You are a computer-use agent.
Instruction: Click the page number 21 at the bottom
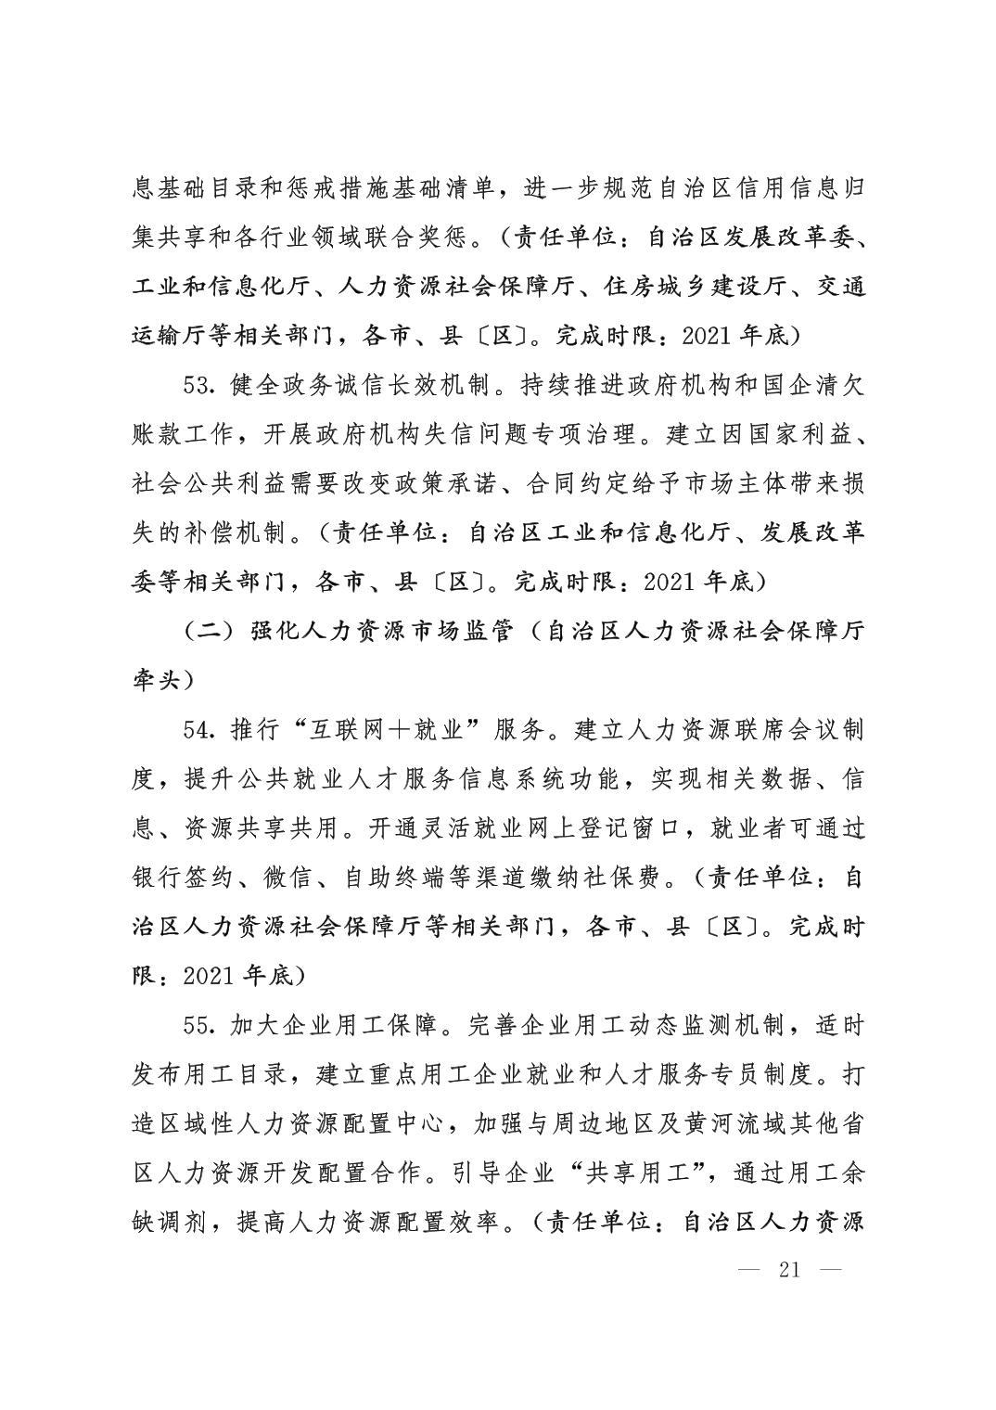point(789,1270)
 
